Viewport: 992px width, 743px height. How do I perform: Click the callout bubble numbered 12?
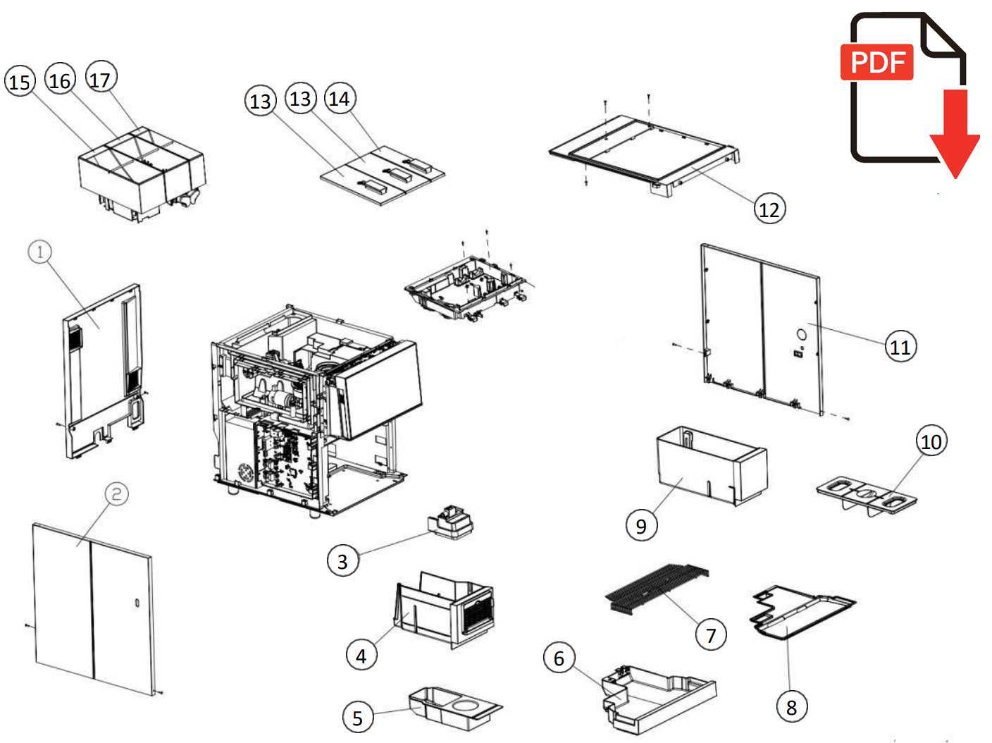point(769,209)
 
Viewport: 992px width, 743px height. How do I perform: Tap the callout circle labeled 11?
point(900,347)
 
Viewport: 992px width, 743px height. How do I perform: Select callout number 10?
point(931,441)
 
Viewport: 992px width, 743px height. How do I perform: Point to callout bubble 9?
point(641,526)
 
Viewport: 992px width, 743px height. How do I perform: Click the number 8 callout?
point(791,707)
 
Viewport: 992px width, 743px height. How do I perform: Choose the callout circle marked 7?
point(711,636)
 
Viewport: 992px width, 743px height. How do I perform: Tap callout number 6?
point(559,658)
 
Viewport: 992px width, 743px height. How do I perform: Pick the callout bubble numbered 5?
point(357,718)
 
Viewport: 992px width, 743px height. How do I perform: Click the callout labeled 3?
point(342,561)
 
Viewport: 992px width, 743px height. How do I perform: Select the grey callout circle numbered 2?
point(117,493)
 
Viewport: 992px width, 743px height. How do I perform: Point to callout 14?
point(340,99)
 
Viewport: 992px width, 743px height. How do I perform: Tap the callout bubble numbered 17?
point(101,79)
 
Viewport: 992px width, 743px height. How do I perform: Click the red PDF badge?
point(877,63)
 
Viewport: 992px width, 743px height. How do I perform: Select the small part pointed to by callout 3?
point(451,523)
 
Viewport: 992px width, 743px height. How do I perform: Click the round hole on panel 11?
point(801,334)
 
